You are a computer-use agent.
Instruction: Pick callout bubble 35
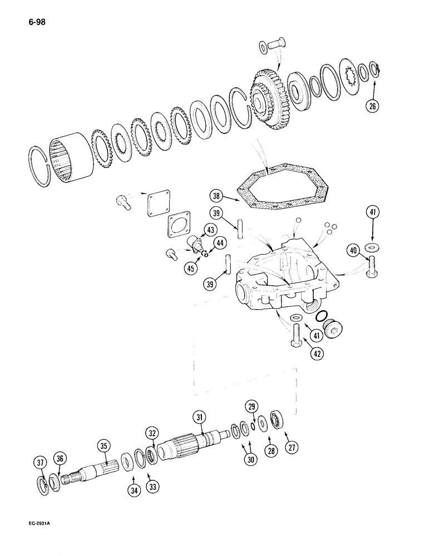(103, 445)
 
